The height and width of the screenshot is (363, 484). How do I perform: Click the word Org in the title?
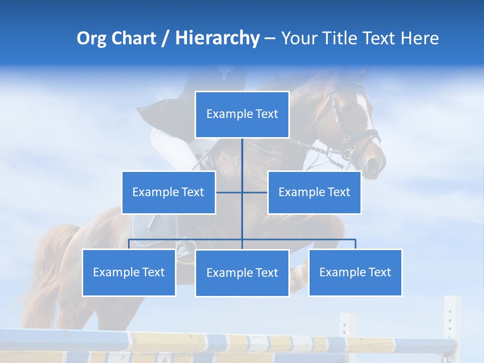(x=91, y=38)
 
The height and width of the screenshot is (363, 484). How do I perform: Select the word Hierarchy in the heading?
(x=217, y=38)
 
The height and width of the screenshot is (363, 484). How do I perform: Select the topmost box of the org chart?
(x=242, y=114)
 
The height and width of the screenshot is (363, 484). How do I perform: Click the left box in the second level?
(x=168, y=192)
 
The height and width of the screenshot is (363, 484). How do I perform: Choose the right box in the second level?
(x=314, y=192)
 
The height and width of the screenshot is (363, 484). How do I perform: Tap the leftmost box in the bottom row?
(x=129, y=272)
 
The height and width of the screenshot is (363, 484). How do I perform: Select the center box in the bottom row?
(x=242, y=273)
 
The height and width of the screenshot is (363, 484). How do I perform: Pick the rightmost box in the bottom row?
(x=355, y=272)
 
